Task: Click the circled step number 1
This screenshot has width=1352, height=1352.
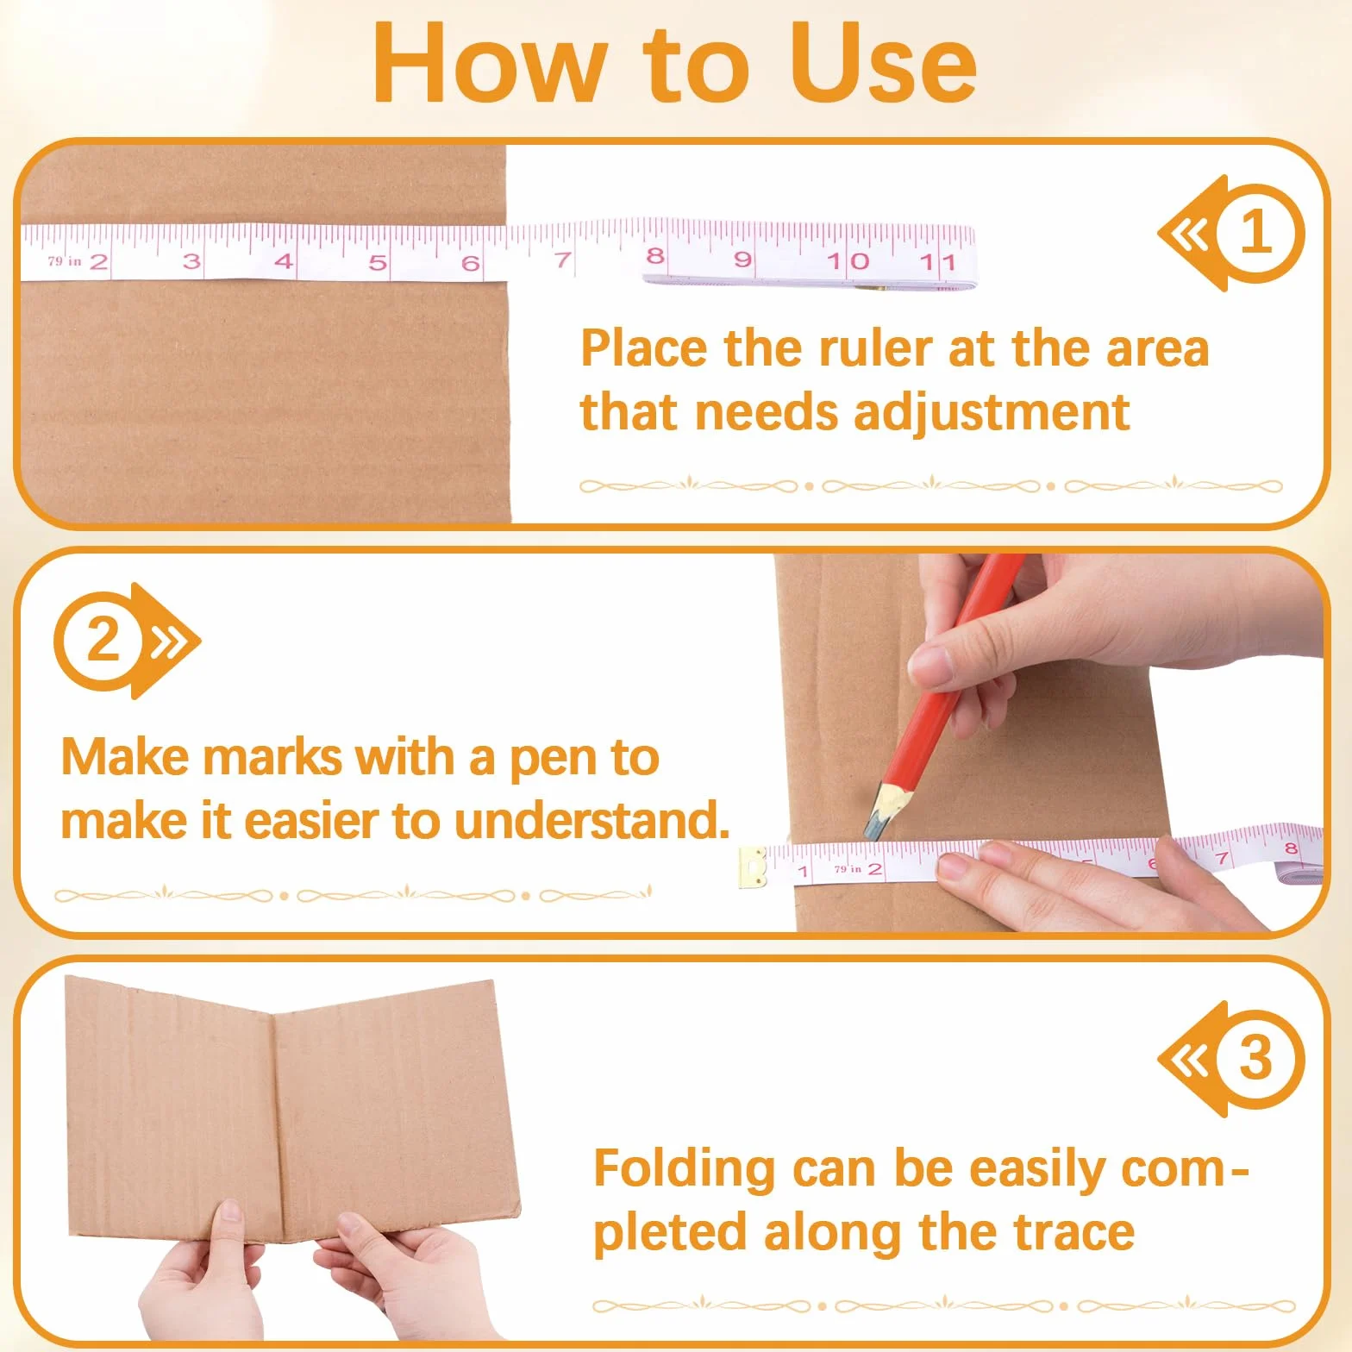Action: (x=1255, y=233)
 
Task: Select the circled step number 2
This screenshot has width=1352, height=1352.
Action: (x=104, y=641)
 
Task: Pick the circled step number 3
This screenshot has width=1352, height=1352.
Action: (x=1255, y=1059)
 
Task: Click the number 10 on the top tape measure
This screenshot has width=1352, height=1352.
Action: (x=848, y=260)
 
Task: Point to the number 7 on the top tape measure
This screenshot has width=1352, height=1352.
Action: (x=563, y=259)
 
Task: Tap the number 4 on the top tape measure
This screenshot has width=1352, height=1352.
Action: (x=284, y=260)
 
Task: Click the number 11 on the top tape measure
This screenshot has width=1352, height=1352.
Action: (x=937, y=261)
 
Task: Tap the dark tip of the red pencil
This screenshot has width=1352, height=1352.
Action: (x=872, y=830)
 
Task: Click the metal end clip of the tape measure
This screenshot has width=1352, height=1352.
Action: (x=752, y=867)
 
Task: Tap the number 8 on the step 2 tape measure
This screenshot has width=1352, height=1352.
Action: (x=1290, y=848)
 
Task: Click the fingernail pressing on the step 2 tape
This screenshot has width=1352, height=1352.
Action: (x=953, y=866)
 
